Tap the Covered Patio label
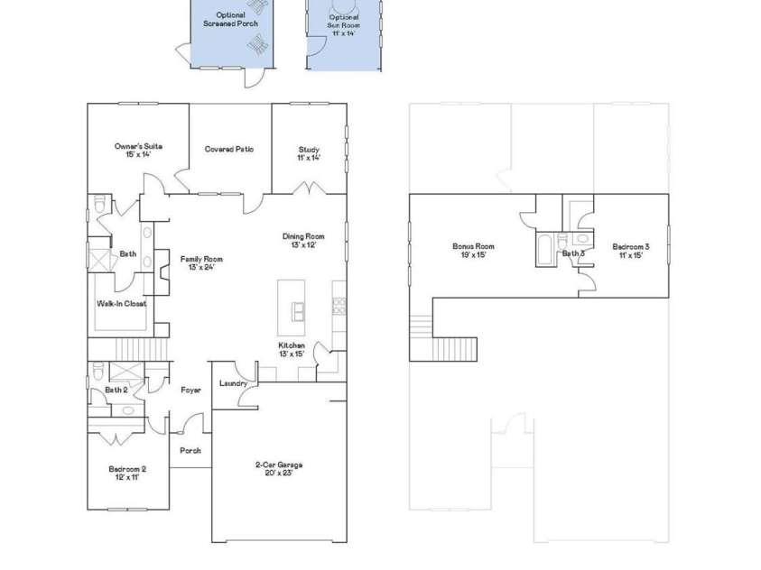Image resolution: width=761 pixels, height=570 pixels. (228, 149)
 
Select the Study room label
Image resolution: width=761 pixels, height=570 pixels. (309, 153)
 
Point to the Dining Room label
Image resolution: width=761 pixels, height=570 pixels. (302, 241)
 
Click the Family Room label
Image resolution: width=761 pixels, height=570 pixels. (200, 263)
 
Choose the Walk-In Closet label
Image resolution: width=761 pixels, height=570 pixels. (121, 304)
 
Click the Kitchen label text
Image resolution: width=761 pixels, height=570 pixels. (291, 350)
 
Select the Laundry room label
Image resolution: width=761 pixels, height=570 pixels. (233, 383)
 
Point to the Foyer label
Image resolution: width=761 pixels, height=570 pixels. (190, 390)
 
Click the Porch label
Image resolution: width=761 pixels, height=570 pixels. (190, 450)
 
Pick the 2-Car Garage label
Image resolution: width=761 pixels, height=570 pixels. (278, 469)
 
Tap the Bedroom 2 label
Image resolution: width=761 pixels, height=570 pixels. (126, 473)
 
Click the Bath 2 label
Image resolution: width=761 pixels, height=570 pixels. (116, 390)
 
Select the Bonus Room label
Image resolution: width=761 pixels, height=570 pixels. (473, 251)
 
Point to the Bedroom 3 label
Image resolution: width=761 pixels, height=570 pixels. (630, 251)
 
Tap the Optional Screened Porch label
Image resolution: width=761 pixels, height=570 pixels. (230, 20)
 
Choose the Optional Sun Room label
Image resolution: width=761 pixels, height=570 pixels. (342, 25)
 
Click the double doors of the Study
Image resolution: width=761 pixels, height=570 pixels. (309, 189)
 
